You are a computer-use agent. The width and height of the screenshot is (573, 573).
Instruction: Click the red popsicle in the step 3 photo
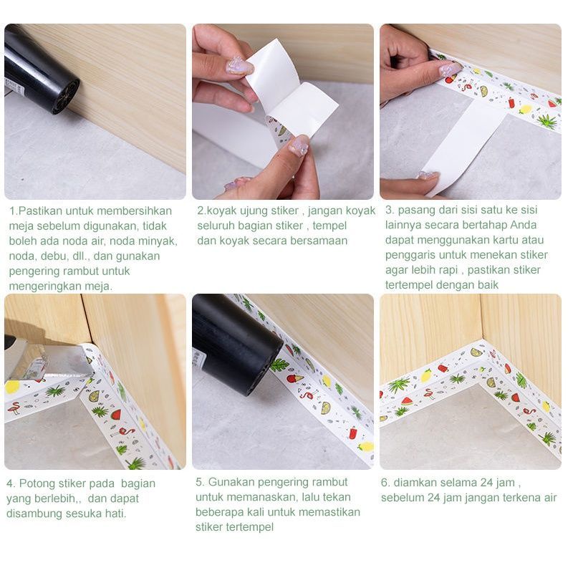click(x=511, y=102)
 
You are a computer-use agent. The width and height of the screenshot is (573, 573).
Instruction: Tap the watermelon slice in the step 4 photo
click(x=115, y=415)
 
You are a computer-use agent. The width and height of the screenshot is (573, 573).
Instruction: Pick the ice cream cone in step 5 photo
click(x=295, y=378)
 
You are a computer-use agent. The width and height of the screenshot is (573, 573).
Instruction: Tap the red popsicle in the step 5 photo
click(x=353, y=433)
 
